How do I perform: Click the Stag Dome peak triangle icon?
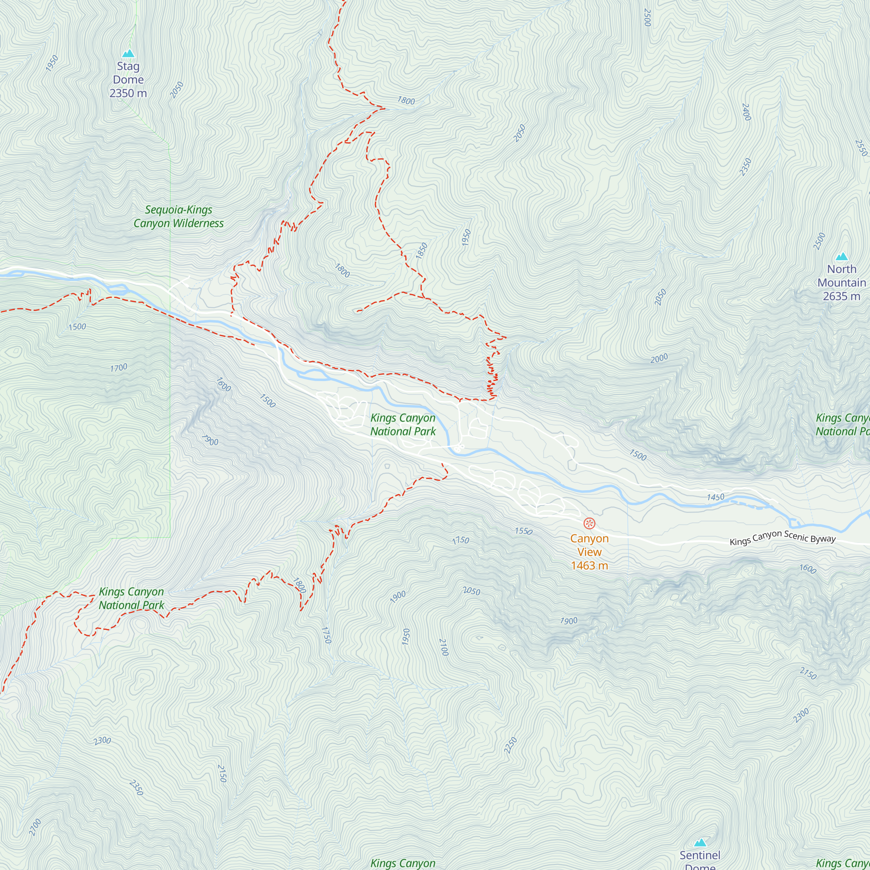[128, 54]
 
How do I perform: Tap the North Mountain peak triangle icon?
[842, 257]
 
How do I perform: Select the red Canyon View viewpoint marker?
[589, 523]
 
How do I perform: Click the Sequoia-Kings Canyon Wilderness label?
[178, 216]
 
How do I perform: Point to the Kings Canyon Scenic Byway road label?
[782, 537]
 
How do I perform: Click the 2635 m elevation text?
[841, 296]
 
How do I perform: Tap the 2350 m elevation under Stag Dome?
[128, 93]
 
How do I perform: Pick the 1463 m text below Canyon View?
[589, 565]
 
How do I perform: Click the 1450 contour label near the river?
[716, 497]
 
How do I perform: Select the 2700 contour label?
[35, 827]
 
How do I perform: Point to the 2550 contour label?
[860, 148]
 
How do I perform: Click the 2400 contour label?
[746, 112]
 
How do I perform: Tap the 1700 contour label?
[118, 368]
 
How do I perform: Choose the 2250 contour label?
[510, 745]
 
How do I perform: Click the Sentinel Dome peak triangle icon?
[700, 843]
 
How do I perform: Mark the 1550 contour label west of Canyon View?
[523, 532]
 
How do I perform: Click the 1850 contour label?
[421, 251]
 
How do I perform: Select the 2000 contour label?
[659, 358]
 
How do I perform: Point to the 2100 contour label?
[444, 647]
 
